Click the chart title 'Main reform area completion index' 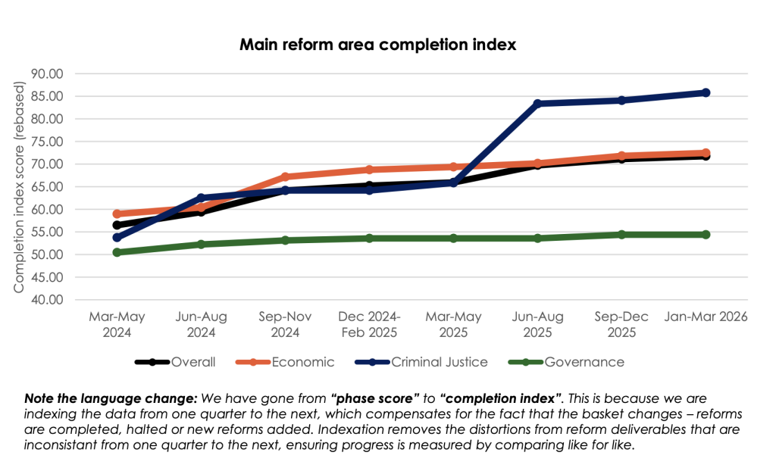377,45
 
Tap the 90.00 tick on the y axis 47,73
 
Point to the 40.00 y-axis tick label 47,300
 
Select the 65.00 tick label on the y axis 47,187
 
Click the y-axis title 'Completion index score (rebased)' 18,187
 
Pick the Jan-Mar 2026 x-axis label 706,317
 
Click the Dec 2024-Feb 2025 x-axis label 369,325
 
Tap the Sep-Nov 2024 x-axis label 285,325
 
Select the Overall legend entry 175,362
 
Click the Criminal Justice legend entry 421,362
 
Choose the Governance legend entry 566,362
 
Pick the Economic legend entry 285,362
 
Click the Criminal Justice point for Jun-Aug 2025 537,104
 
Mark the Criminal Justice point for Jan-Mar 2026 706,92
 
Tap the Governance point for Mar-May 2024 117,252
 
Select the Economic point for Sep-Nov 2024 285,176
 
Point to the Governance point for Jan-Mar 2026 706,235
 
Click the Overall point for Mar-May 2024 117,225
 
